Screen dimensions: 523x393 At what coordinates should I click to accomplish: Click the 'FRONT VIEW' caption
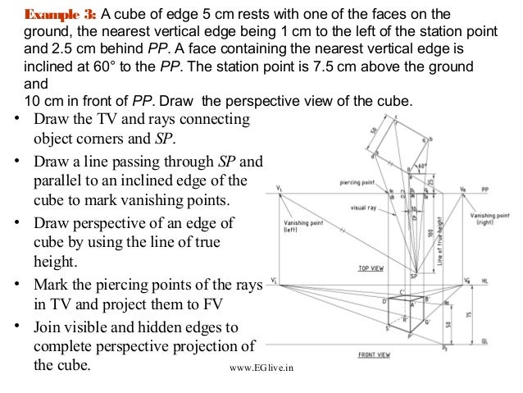374,354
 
